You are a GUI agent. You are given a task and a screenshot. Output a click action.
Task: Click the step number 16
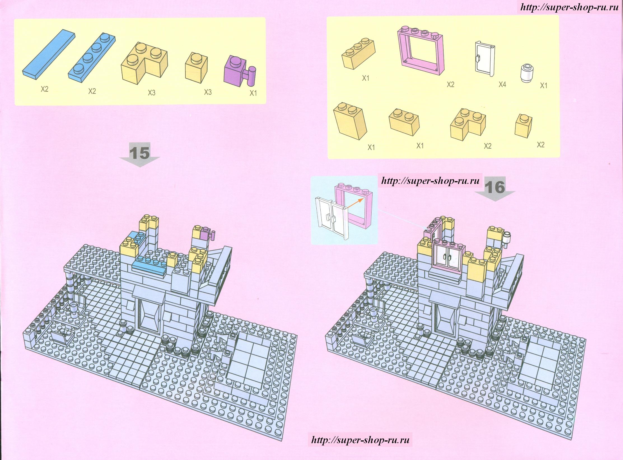click(x=495, y=187)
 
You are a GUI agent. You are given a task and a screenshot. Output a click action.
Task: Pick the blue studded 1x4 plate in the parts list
click(x=91, y=58)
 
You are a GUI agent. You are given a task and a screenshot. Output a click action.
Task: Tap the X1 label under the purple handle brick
click(x=253, y=94)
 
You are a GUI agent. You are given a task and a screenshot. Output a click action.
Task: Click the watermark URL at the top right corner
click(x=569, y=7)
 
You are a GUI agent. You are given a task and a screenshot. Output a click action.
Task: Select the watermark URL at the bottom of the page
click(x=360, y=440)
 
